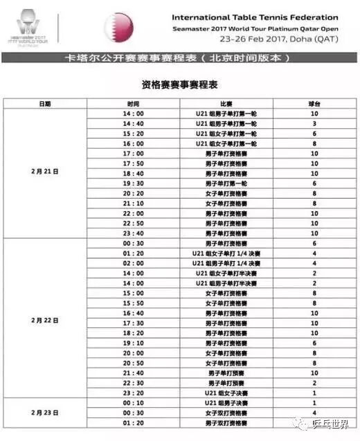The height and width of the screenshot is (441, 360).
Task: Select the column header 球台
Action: [x=314, y=102]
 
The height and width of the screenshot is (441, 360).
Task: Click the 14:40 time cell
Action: [x=132, y=123]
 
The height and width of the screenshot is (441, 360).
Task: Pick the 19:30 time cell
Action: [x=132, y=183]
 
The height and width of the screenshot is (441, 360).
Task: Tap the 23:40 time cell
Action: [x=132, y=233]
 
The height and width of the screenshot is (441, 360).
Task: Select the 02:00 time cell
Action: [x=132, y=263]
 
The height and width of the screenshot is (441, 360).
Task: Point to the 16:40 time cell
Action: [x=132, y=313]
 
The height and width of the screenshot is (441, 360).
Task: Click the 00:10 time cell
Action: [x=132, y=403]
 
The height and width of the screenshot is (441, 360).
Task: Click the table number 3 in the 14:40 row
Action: [x=314, y=123]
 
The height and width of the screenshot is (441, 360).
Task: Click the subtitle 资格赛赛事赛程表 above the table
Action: [x=179, y=83]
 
